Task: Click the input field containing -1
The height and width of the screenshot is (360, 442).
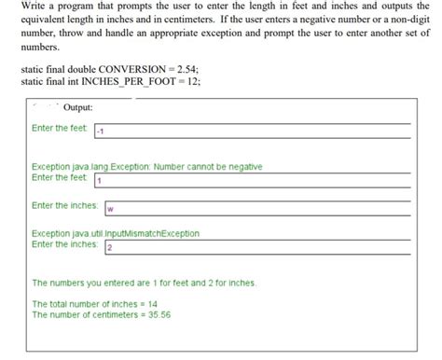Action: click(x=252, y=131)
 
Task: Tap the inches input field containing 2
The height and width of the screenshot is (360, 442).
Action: click(x=256, y=246)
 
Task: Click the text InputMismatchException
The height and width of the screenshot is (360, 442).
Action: click(x=140, y=233)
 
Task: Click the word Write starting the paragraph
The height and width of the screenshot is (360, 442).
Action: click(x=35, y=7)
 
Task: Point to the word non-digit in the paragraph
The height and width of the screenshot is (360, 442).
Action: click(x=399, y=20)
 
